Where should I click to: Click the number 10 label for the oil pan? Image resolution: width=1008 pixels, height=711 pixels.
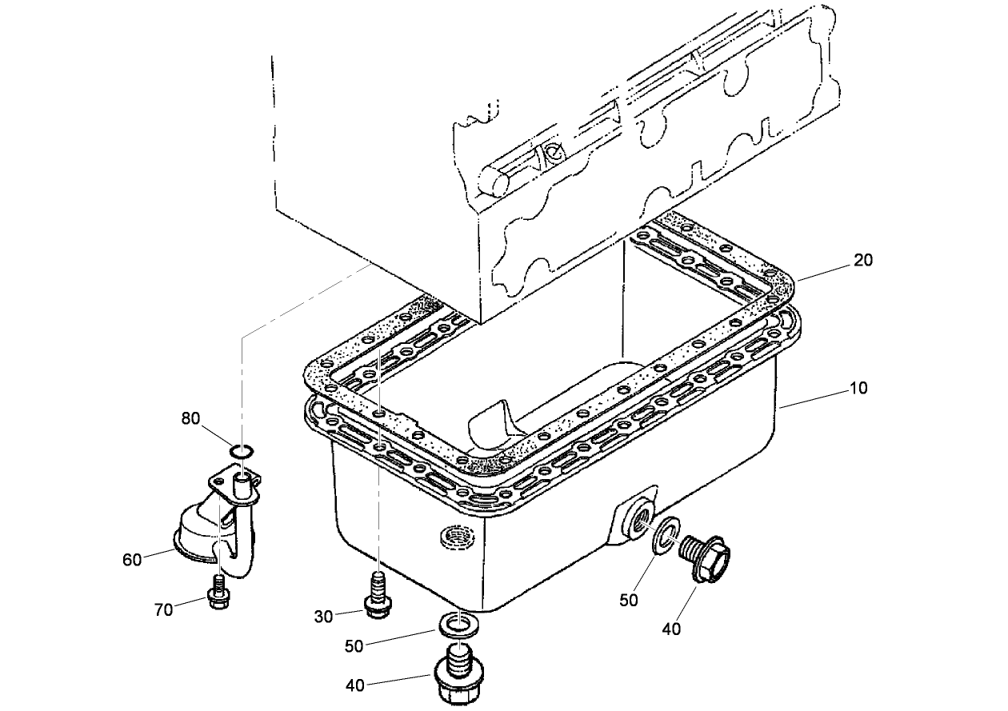tap(858, 388)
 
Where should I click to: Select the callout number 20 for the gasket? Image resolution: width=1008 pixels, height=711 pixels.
tap(863, 260)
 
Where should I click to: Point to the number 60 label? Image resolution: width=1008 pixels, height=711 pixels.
tap(132, 559)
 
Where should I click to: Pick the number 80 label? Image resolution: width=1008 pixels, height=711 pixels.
tap(190, 418)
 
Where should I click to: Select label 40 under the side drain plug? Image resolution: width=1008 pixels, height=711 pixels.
tap(672, 629)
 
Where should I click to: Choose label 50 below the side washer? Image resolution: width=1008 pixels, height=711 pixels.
tap(629, 599)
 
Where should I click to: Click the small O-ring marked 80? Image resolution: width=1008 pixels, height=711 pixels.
tap(242, 452)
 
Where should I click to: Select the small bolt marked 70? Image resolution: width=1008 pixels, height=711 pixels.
tap(216, 593)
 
